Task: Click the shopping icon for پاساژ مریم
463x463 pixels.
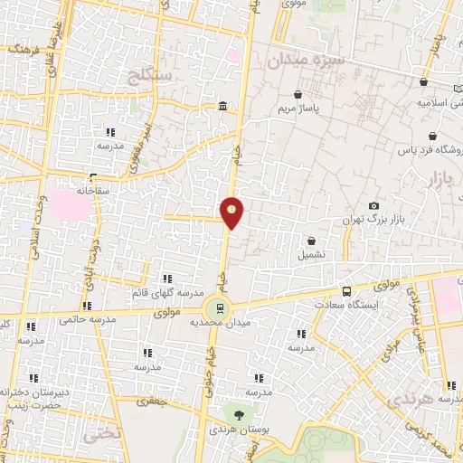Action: (x=298, y=94)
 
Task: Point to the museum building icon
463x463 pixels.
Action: (x=222, y=109)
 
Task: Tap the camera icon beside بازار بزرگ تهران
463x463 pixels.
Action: (x=374, y=206)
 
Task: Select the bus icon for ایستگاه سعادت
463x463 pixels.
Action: (x=346, y=291)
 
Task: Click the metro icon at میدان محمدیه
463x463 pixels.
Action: (x=217, y=307)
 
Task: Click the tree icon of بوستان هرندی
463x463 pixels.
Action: (x=238, y=412)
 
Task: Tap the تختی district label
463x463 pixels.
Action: (x=101, y=433)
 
